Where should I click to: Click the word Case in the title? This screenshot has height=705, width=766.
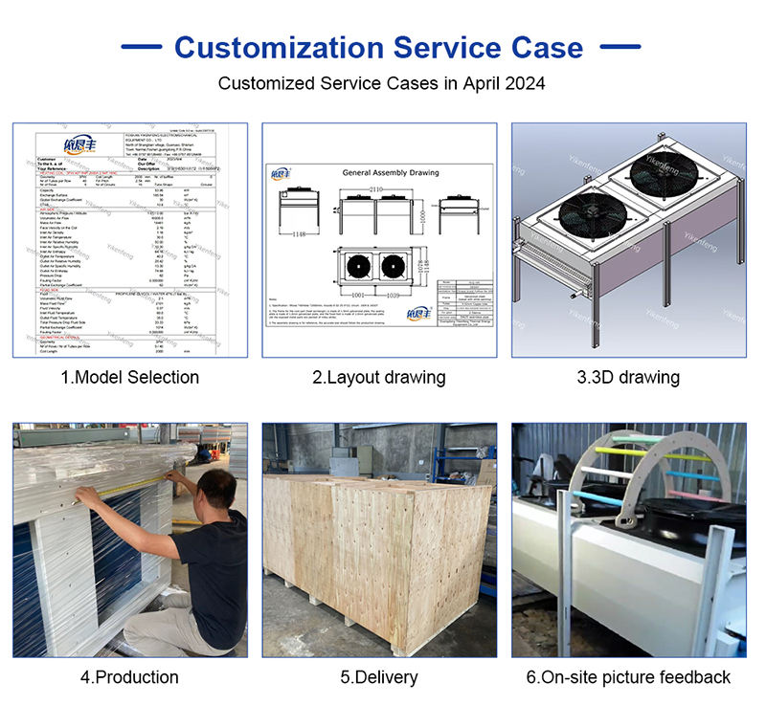541,47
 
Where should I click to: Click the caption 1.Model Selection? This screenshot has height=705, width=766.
129,377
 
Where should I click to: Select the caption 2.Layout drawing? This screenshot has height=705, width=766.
378,377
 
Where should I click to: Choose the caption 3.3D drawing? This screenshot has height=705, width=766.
627,377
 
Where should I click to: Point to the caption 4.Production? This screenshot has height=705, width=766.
129,677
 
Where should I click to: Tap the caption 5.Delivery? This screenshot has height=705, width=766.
379,677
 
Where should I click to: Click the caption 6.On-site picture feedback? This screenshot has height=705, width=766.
628,677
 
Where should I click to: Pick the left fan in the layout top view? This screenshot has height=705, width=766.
352,266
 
